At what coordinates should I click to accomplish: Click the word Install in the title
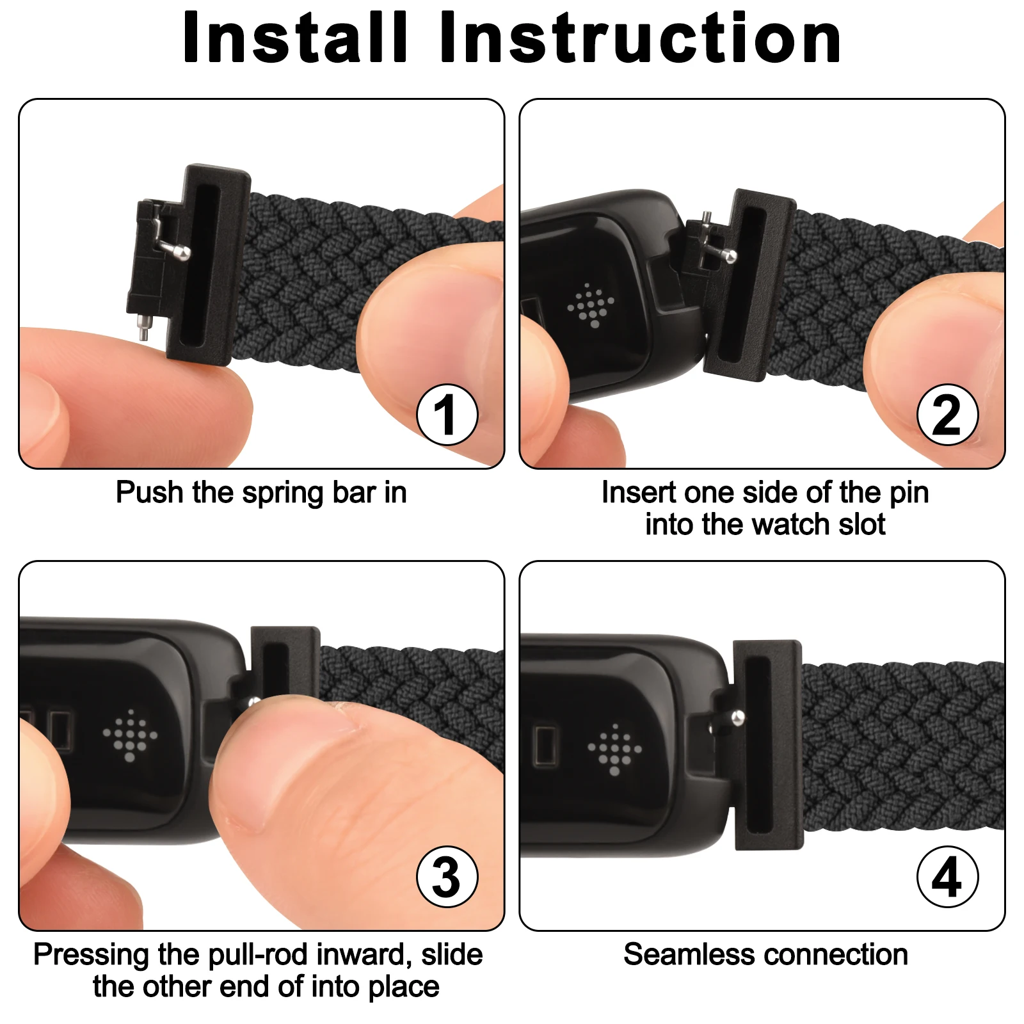pos(295,38)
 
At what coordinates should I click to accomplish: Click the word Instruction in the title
pos(640,38)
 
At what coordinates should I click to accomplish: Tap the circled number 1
pos(447,415)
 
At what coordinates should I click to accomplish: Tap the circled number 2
pos(947,415)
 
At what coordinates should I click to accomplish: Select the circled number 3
pos(447,877)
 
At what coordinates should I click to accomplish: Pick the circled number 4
pos(947,877)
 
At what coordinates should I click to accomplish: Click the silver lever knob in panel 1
pos(183,253)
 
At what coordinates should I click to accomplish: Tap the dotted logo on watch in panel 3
pos(130,735)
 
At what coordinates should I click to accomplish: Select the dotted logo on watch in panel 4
pos(614,749)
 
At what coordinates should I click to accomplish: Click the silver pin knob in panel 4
pos(737,716)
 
